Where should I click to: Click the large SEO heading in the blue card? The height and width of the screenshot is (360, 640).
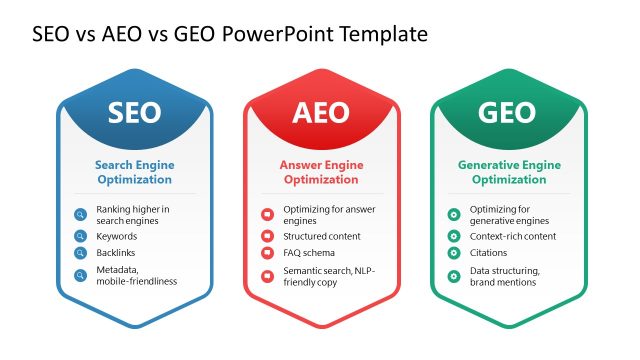click(133, 112)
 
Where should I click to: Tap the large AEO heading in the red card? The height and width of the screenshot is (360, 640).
click(320, 112)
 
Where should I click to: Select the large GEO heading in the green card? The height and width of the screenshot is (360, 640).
click(507, 112)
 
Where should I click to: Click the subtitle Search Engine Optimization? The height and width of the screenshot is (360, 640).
click(133, 172)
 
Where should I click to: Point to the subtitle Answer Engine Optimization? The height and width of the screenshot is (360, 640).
click(320, 172)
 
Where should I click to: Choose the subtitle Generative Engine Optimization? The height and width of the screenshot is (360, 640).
click(508, 172)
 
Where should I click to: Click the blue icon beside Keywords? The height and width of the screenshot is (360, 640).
click(81, 236)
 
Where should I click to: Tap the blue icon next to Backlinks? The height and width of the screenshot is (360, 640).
click(81, 254)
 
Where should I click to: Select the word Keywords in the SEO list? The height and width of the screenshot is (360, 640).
click(117, 236)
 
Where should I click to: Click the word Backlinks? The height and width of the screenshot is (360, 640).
click(116, 254)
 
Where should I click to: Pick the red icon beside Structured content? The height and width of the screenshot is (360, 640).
click(267, 236)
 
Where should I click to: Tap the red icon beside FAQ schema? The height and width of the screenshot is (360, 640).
click(267, 254)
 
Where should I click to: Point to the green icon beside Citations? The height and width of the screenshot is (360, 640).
click(454, 254)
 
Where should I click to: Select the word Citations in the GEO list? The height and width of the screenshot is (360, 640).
click(490, 254)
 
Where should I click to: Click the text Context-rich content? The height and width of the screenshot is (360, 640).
click(513, 236)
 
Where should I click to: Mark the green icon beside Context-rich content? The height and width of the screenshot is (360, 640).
click(454, 236)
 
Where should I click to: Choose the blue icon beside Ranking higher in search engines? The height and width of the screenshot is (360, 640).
click(81, 214)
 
